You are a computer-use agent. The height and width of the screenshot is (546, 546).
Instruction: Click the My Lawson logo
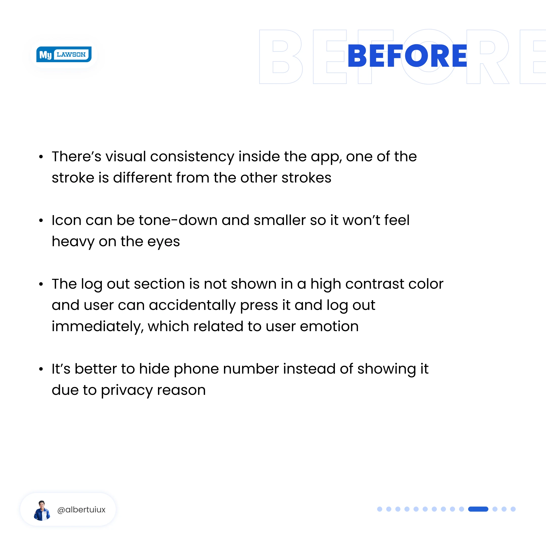pyautogui.click(x=64, y=54)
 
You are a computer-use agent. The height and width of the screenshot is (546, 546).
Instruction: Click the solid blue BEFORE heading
pyautogui.click(x=407, y=56)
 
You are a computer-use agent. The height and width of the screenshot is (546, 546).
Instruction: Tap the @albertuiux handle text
pyautogui.click(x=81, y=510)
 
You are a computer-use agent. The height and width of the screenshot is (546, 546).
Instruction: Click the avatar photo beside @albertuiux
pyautogui.click(x=42, y=510)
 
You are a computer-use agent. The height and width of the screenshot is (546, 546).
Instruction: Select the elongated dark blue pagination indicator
pyautogui.click(x=478, y=509)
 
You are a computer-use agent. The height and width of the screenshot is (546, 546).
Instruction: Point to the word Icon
pyautogui.click(x=66, y=220)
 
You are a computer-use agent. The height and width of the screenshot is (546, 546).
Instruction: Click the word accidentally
pyautogui.click(x=192, y=306)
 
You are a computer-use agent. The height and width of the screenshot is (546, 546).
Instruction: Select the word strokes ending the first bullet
pyautogui.click(x=306, y=178)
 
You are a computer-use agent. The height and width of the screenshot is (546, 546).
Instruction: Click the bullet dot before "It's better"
pyautogui.click(x=41, y=369)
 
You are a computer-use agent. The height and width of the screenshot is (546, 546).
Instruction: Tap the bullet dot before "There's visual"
pyautogui.click(x=41, y=157)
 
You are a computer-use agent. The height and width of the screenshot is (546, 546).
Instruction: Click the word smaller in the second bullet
pyautogui.click(x=280, y=220)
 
